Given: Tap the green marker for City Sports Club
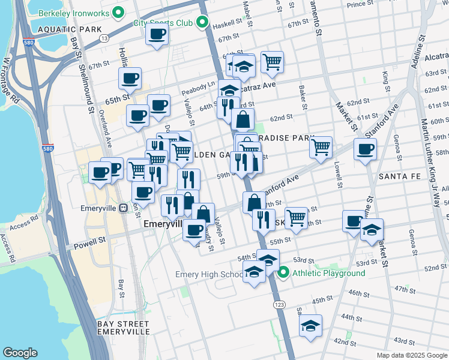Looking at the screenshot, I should [203, 23].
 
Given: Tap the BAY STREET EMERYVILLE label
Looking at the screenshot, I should [123, 328].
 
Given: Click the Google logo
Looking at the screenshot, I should [20, 352].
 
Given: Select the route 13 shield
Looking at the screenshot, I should [104, 38].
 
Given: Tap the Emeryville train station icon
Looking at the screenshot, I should [124, 208].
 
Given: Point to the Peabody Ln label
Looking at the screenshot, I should [198, 89].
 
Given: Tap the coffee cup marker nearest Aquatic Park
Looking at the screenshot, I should [157, 34].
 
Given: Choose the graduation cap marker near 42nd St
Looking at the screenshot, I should [310, 326].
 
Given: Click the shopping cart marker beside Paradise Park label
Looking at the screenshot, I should [321, 146].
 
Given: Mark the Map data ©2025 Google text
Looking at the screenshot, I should [411, 355].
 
